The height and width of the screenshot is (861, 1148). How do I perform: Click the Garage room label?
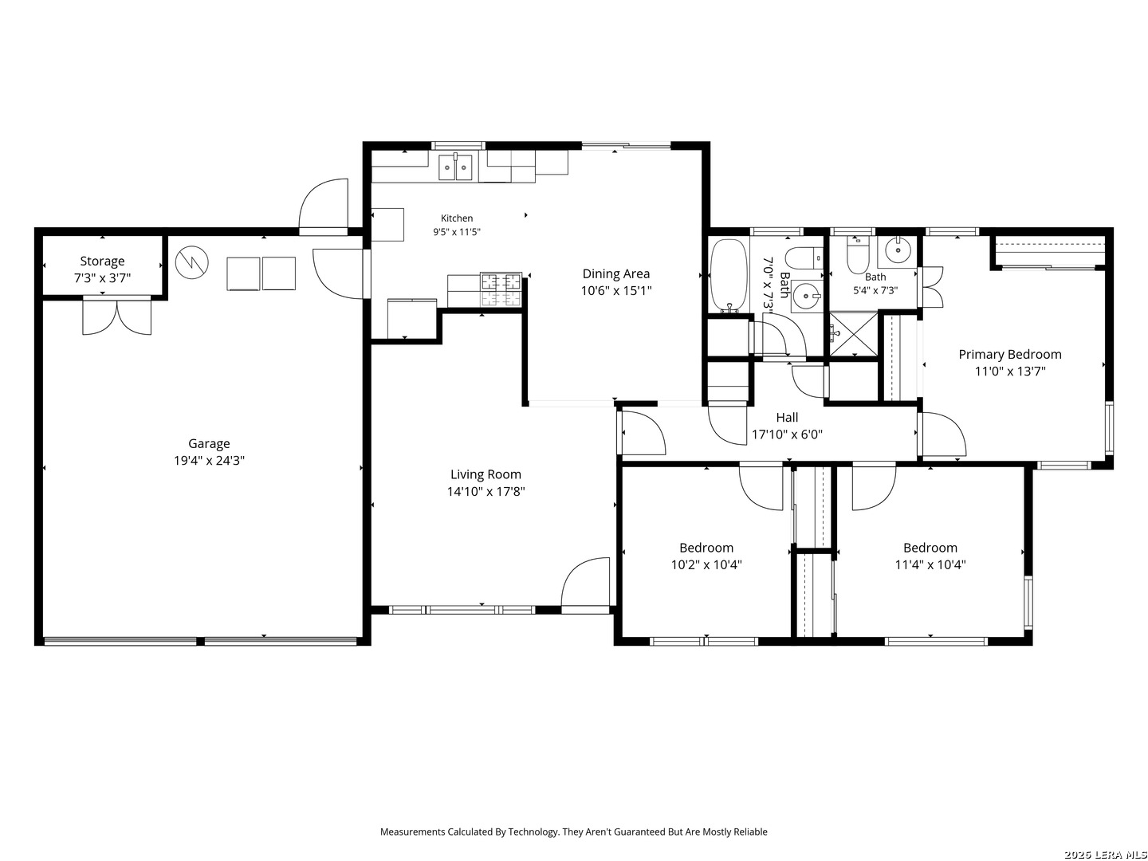209,443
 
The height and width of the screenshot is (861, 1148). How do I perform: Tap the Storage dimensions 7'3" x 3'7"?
102,277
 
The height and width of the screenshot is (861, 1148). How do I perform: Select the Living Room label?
486,474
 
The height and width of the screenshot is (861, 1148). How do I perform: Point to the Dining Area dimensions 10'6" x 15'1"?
616,291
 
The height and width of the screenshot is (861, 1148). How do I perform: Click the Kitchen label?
457,218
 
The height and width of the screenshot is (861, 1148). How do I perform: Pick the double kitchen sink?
455,167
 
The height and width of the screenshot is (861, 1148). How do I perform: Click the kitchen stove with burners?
501,289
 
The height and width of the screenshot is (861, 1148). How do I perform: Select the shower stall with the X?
854,333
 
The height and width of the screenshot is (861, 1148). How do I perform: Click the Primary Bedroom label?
1009,354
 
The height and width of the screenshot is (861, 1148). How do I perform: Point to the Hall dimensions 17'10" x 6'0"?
787,434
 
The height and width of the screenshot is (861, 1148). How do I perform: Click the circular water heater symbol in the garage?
192,262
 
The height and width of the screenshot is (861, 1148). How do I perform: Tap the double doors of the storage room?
116,316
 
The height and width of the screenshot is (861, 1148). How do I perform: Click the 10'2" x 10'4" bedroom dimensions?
706,564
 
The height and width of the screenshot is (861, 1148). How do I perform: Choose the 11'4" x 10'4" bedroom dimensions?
930,564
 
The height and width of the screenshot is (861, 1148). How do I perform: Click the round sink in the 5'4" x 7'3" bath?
898,250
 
